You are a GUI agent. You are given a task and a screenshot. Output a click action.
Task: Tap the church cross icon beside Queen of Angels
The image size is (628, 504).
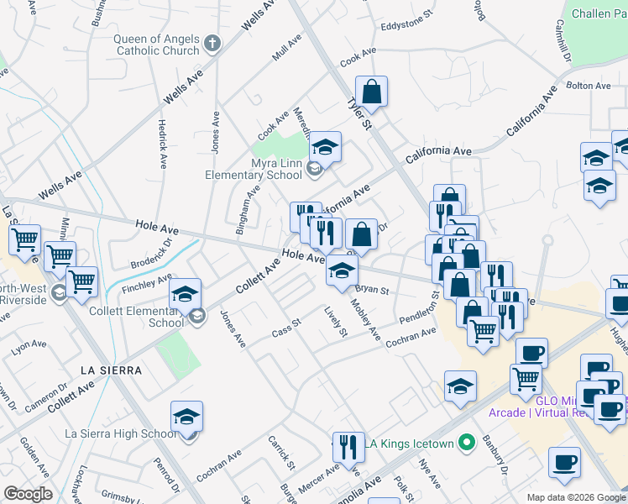(x=212, y=43)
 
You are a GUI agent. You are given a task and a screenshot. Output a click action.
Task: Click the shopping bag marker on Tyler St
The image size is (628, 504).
(x=371, y=92)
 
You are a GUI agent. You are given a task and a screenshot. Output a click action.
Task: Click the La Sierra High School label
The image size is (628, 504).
(x=121, y=433)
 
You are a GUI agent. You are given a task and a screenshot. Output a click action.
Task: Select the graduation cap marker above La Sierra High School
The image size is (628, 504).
(x=187, y=416)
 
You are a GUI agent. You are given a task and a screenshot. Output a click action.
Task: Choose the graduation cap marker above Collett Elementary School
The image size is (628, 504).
(x=186, y=294)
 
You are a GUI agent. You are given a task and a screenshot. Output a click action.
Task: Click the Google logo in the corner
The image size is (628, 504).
(x=28, y=493)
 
